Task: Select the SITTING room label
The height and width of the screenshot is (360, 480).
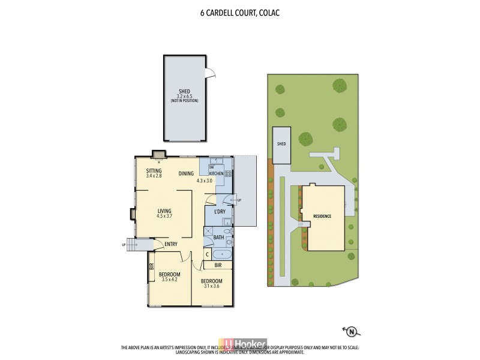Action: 154,170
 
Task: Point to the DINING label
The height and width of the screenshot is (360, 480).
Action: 186,174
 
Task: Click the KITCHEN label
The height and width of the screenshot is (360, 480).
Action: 216,173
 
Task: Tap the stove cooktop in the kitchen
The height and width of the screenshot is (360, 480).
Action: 228,173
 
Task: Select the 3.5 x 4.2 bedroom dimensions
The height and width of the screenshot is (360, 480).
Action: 170,279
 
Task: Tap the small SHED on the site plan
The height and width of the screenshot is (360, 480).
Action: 281,145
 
